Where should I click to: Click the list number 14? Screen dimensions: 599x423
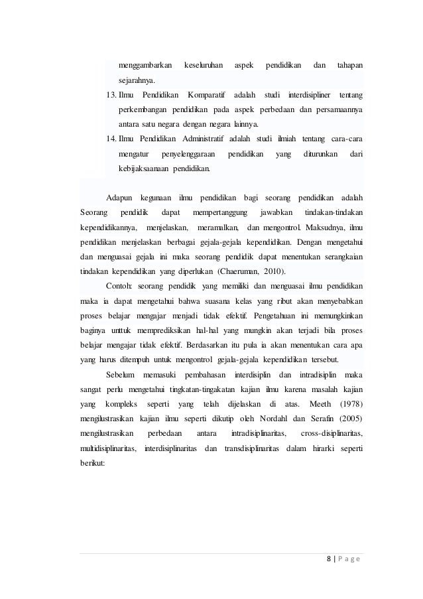tap(111, 139)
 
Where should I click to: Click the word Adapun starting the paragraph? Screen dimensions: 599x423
tap(120, 198)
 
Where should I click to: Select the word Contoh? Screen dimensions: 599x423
tap(119, 285)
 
